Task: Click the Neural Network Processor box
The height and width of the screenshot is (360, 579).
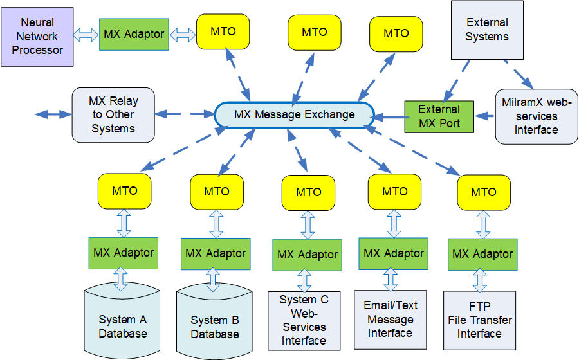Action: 37,37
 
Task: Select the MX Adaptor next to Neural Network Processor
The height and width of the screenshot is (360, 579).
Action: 134,35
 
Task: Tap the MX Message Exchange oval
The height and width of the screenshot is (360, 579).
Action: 294,114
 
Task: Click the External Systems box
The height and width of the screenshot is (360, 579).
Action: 486,30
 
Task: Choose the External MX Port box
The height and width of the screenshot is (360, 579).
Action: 439,116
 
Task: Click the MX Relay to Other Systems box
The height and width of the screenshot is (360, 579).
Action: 113,114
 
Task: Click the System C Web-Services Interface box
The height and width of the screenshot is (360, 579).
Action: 304,321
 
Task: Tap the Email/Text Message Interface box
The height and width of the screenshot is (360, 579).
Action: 391,319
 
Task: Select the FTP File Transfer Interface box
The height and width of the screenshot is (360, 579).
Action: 479,320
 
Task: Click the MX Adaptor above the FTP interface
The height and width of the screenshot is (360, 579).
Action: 482,254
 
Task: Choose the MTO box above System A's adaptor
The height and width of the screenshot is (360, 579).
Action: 124,190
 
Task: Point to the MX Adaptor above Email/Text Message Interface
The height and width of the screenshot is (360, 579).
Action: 394,253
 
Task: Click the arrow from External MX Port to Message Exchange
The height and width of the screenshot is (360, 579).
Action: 390,117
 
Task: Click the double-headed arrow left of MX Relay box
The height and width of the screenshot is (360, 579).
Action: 53,114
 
